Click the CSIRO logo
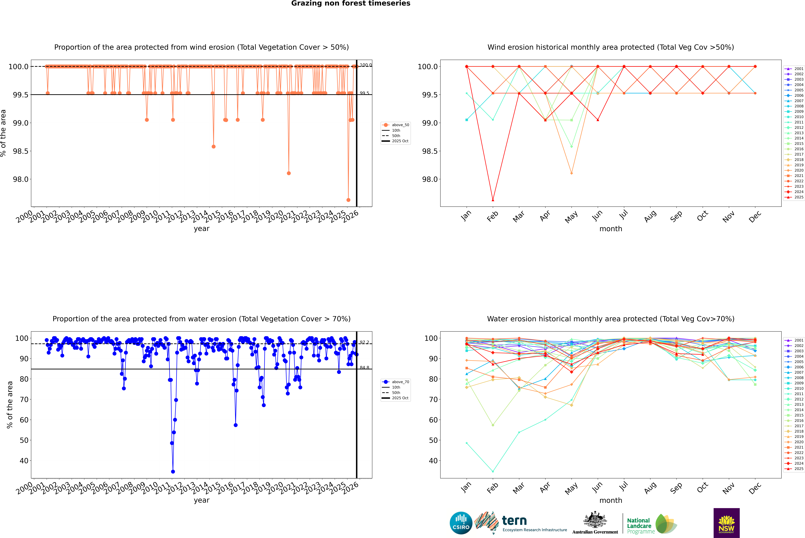pos(461,523)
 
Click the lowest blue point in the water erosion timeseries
pos(173,471)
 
